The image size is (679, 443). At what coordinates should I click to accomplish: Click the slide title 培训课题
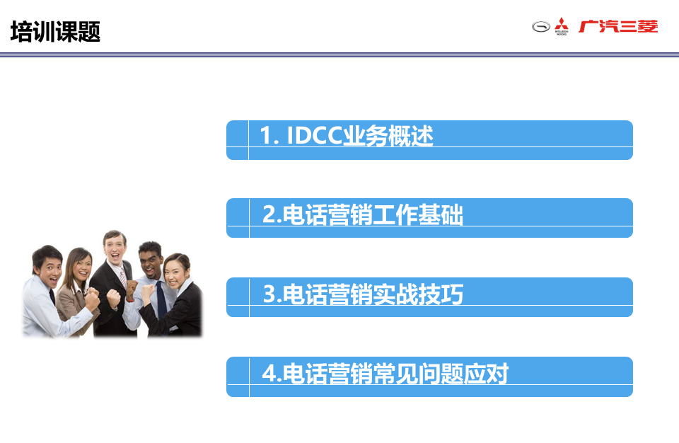pos(55,32)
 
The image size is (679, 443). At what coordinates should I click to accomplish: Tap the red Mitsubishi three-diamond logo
pos(562,26)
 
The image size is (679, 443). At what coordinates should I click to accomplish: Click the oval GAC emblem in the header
pos(541,27)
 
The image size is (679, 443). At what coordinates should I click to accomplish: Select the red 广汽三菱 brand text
pos(618,26)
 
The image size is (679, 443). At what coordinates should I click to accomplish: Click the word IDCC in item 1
pos(314,135)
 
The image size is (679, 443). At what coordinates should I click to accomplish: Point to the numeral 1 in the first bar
pos(266,135)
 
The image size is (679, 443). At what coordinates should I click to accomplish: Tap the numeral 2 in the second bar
pos(269,214)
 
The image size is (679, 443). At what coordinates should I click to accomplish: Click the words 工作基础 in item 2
pos(418,214)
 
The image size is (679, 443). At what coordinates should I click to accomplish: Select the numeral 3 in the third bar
pos(269,294)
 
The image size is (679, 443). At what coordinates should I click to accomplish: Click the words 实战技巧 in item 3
pos(418,294)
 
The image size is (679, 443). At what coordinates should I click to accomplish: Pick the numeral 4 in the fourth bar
pos(269,373)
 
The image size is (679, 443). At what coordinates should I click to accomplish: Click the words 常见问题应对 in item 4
pos(441,373)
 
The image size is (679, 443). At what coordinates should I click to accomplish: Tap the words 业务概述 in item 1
pos(388,135)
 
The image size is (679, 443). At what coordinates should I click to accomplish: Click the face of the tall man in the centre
pos(115,248)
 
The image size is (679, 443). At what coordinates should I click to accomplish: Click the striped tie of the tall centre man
pos(123,278)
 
